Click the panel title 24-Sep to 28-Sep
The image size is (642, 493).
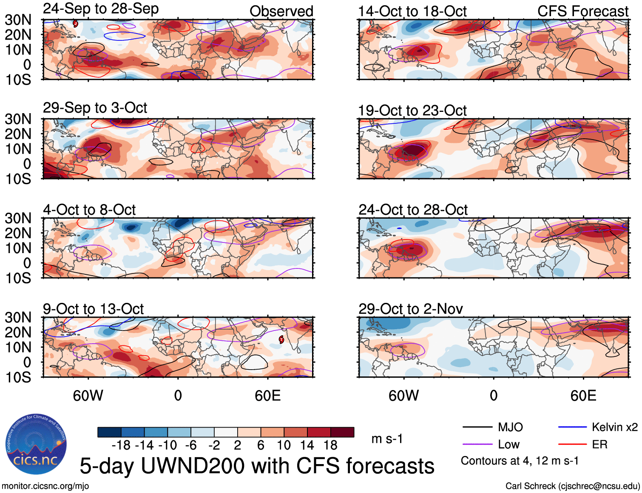pos(101,9)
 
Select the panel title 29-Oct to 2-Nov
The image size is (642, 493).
pos(410,309)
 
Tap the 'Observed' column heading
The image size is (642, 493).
pos(281,11)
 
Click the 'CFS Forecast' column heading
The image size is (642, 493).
pos(582,11)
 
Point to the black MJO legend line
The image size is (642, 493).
pos(477,427)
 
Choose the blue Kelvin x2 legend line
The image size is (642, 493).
pos(572,427)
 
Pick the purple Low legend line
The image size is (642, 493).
pos(477,445)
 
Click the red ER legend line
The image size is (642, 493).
pos(572,445)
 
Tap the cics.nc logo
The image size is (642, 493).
pos(36,445)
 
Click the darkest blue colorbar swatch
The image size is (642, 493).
pos(109,432)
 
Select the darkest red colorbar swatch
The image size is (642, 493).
pos(342,432)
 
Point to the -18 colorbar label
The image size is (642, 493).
pos(121,445)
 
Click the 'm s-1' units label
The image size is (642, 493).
pos(387,439)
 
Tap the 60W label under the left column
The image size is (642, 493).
pos(88,396)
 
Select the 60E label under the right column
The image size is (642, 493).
pos(583,396)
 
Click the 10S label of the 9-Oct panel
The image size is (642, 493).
pos(18,377)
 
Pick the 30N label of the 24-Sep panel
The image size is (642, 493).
pos(18,20)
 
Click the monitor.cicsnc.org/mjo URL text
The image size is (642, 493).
pos(45,486)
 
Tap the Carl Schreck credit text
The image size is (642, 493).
pos(572,486)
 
